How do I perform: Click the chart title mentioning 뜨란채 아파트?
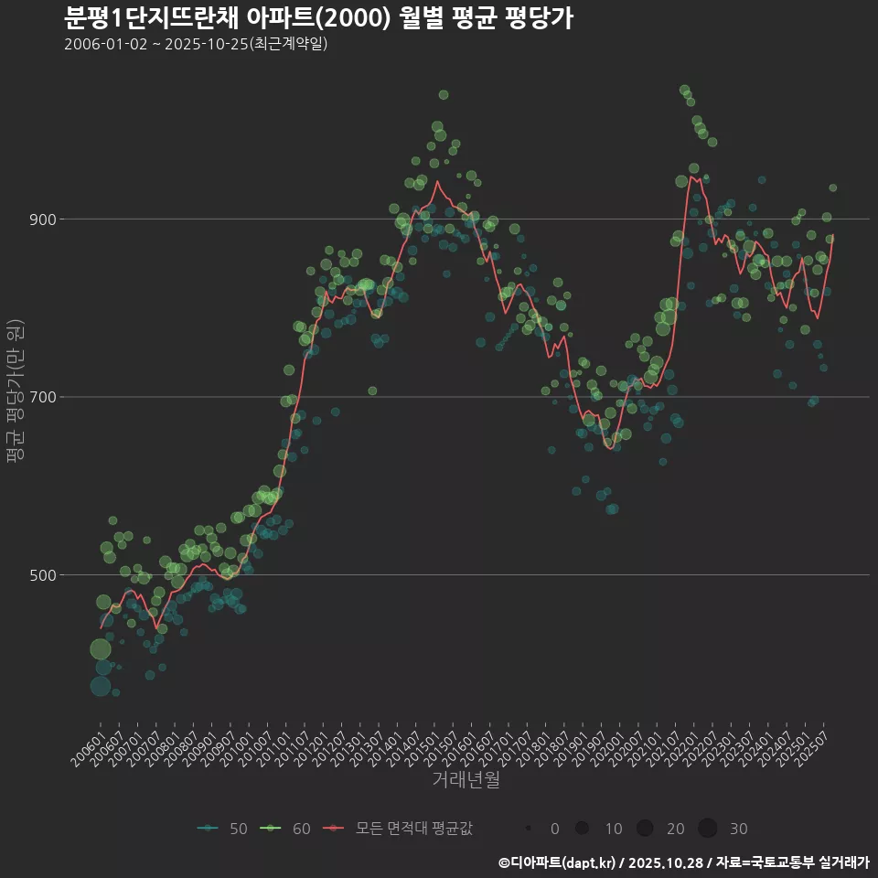point(318,17)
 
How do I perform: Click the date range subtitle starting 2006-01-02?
point(196,44)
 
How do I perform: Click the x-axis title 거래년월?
point(466,780)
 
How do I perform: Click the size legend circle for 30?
point(708,829)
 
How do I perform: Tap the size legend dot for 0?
point(529,829)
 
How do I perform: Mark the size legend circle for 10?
point(582,829)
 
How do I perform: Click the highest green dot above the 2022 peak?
point(684,90)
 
